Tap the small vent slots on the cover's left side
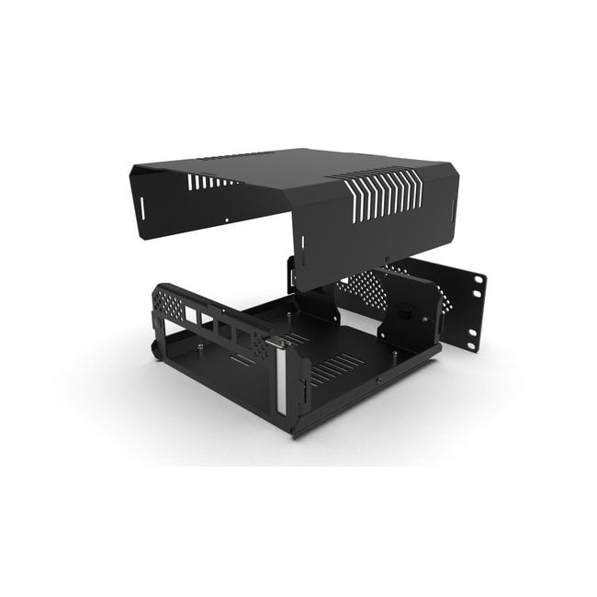208,181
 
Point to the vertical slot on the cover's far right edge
453,218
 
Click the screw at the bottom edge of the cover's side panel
388,260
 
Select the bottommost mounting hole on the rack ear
471,345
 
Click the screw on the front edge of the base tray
377,378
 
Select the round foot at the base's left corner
155,350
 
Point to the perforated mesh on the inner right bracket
358,292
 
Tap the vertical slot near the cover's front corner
302,245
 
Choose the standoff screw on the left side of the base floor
199,346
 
